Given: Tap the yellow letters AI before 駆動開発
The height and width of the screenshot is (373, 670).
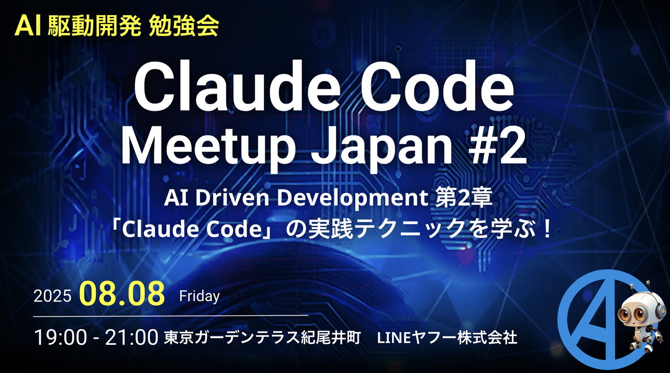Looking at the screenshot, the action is coord(28,26).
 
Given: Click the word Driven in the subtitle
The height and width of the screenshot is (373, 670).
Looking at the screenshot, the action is coord(232,198).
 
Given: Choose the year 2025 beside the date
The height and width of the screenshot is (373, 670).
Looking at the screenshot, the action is coord(52,296).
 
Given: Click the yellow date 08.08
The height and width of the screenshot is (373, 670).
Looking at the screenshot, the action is coord(122,293).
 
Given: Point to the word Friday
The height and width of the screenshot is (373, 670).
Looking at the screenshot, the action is coord(199,296).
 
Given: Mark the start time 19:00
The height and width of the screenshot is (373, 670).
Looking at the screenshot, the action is coord(60,337).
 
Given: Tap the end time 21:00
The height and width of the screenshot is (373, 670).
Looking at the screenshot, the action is coord(131,337).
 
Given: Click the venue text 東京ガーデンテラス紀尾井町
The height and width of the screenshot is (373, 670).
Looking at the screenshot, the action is coord(262,338).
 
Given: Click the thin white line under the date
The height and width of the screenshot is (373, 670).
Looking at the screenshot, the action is coord(171,315).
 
